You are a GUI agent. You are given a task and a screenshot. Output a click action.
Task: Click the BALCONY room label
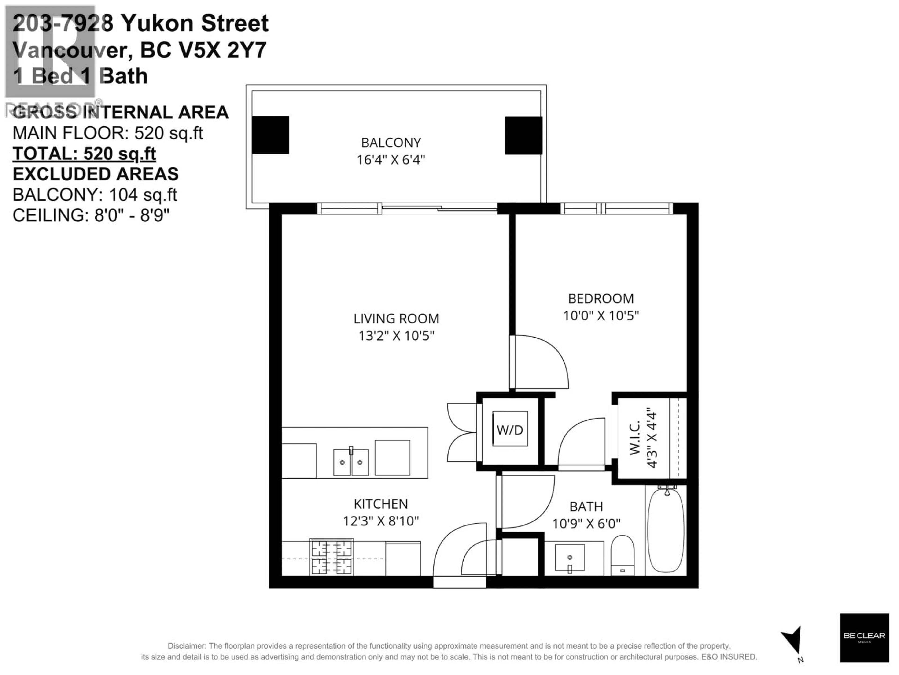391,143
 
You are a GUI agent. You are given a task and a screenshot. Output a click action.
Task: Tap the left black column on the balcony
270,135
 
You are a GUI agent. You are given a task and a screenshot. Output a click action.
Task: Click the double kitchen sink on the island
351,462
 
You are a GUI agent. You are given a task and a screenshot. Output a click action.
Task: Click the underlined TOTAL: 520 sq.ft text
84,154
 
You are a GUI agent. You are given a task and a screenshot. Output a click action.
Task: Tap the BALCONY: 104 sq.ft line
95,195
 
